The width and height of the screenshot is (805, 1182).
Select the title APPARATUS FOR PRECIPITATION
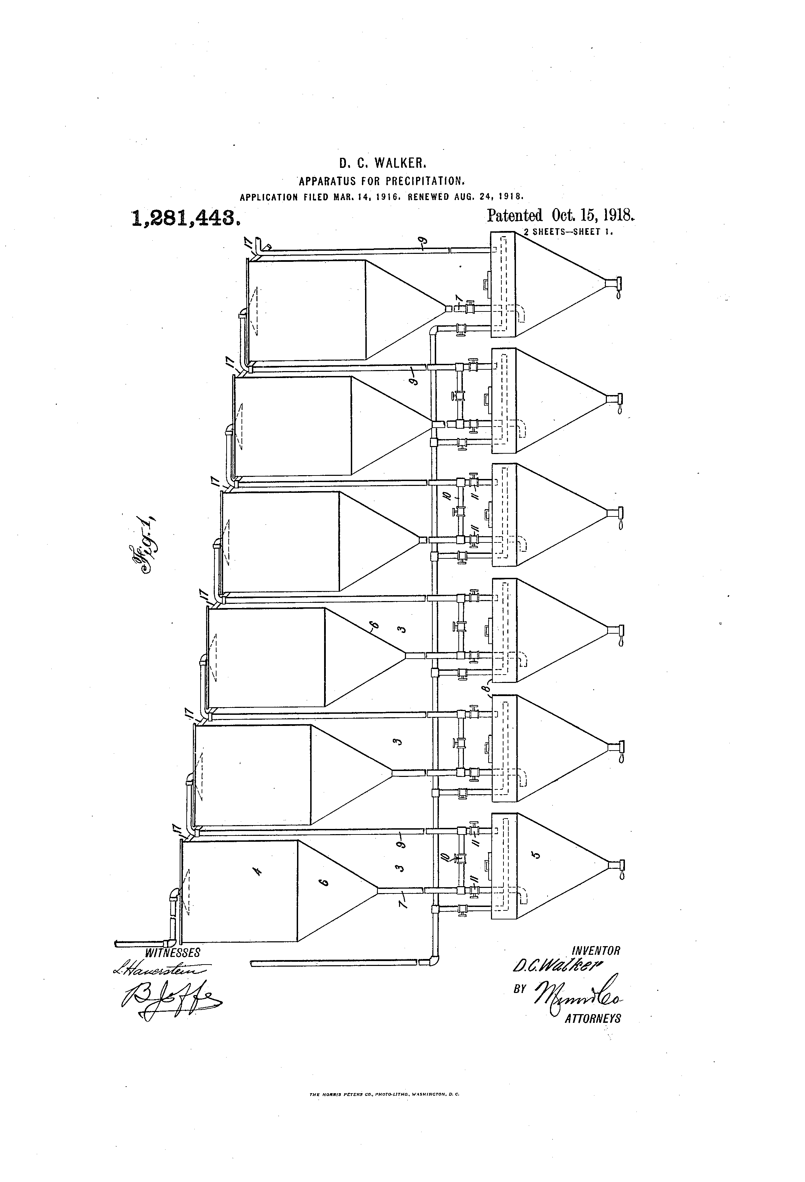(382, 181)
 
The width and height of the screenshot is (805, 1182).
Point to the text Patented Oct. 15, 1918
(561, 216)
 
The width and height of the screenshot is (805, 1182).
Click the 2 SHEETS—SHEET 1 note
(567, 232)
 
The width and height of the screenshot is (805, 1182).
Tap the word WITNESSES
(172, 953)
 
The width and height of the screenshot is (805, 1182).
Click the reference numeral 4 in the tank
(258, 872)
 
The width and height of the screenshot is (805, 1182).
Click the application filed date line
(382, 196)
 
